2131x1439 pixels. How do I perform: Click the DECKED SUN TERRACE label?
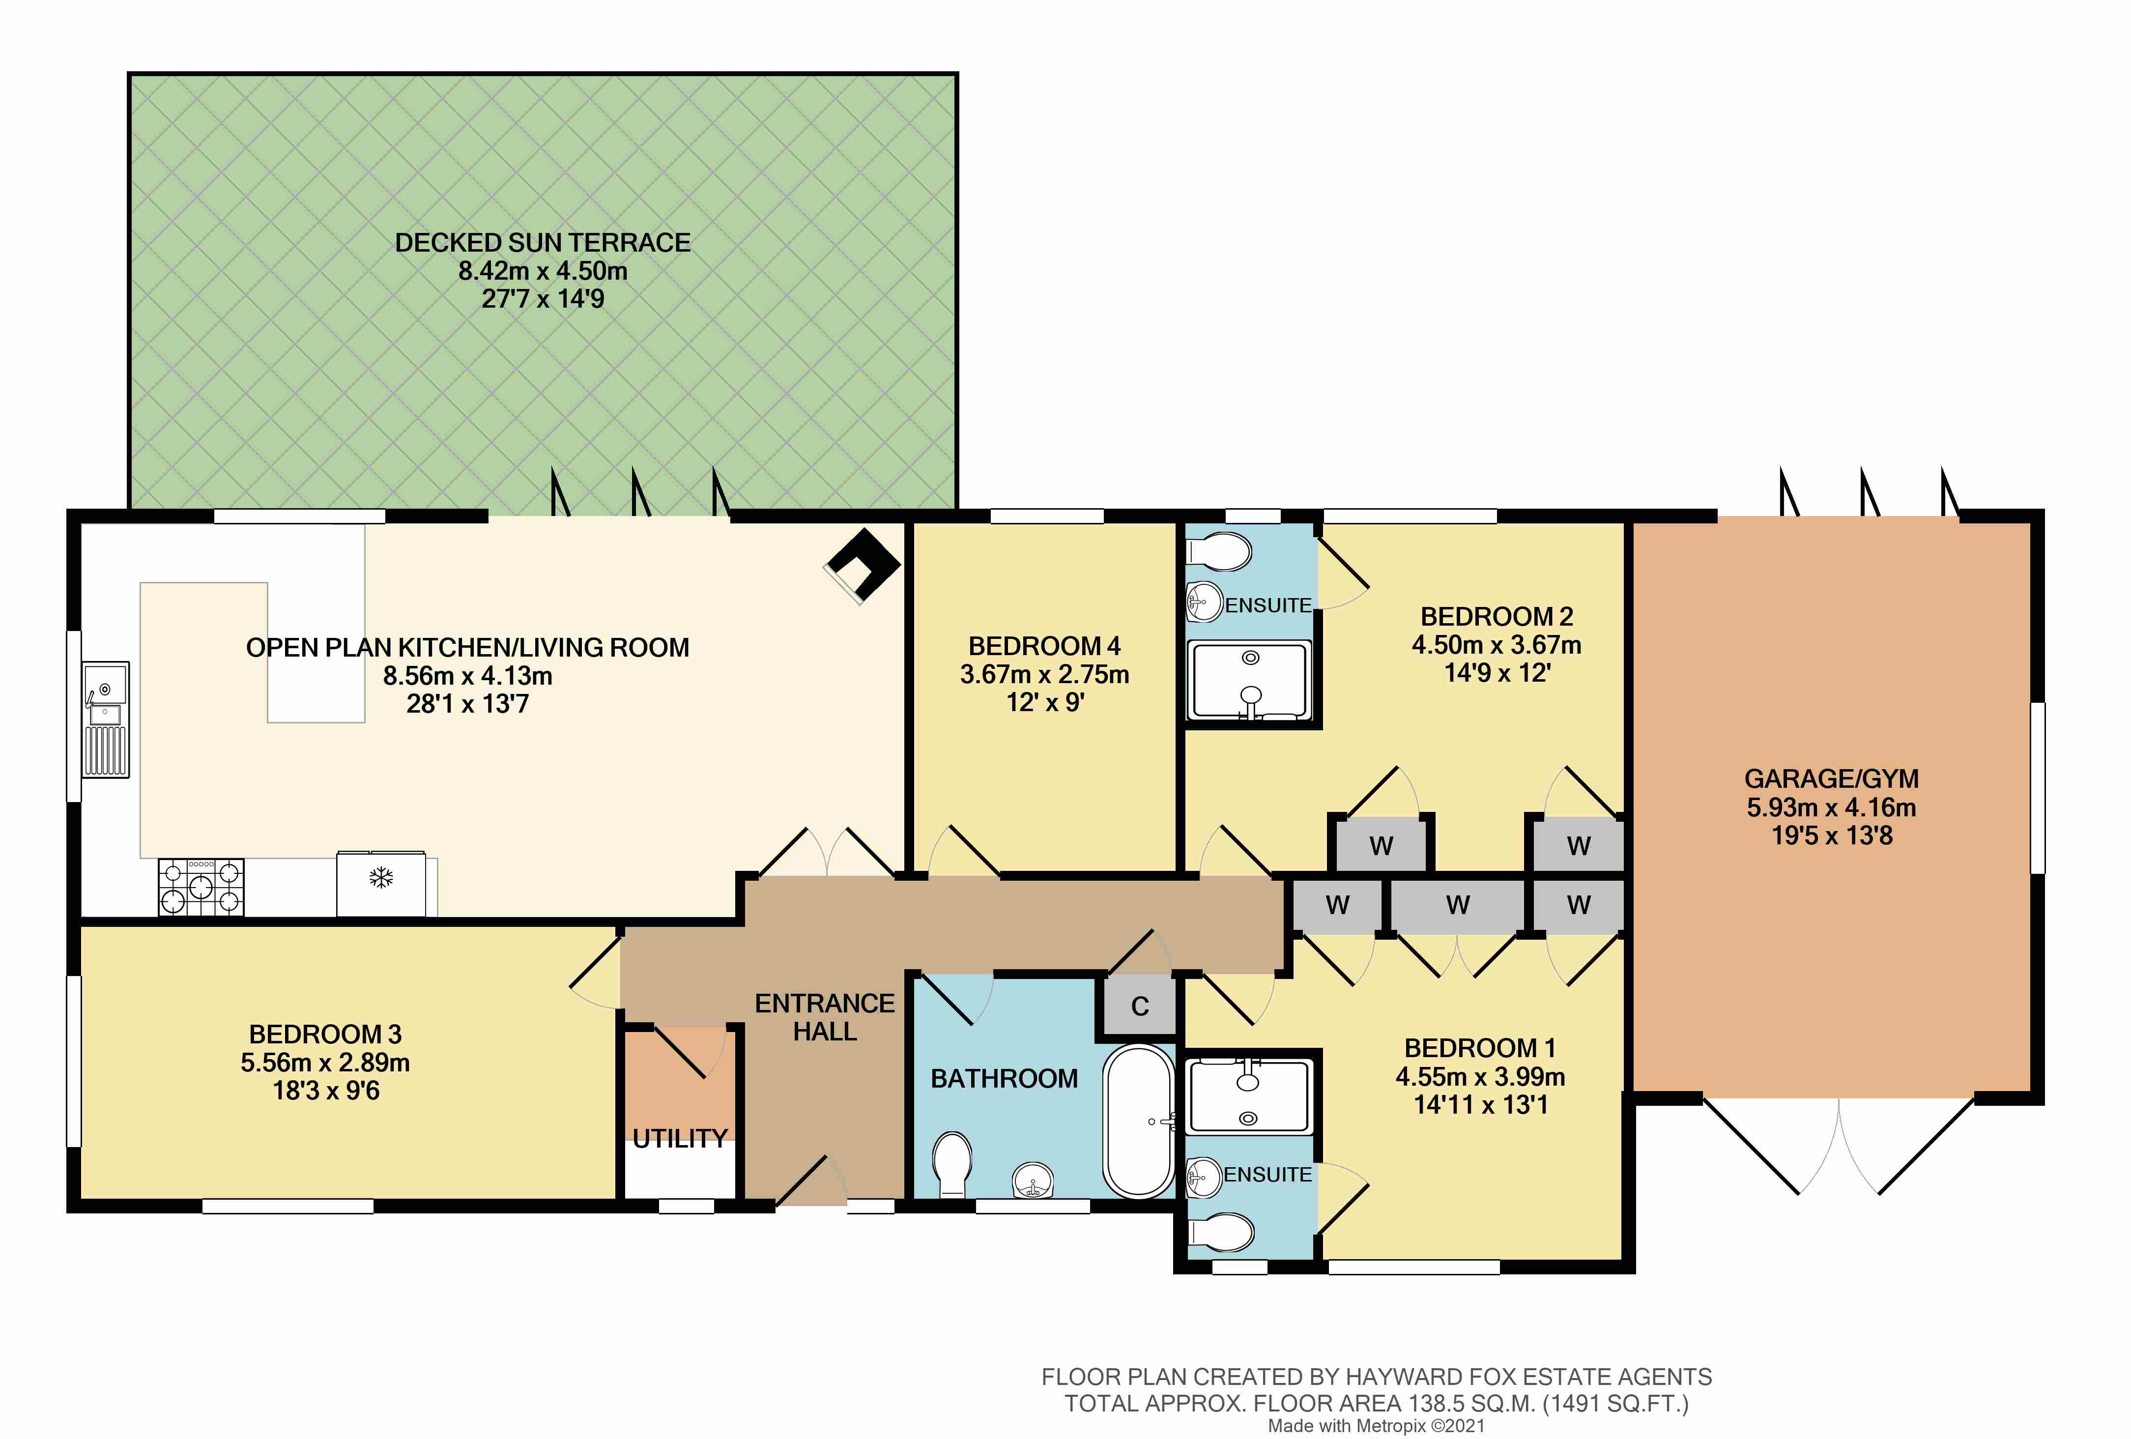[543, 243]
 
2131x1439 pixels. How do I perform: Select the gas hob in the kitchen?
[201, 887]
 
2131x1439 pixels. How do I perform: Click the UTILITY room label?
[680, 1139]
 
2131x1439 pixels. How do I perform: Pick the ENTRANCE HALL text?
[824, 1017]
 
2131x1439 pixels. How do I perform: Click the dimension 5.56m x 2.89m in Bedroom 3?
[325, 1063]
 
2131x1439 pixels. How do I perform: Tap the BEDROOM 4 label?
[1044, 647]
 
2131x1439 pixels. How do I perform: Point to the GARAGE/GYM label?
[1831, 778]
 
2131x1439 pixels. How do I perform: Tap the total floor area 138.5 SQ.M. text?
[1376, 1403]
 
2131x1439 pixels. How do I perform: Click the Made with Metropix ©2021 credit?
[1376, 1426]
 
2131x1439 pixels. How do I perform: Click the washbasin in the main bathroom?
[1034, 1180]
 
